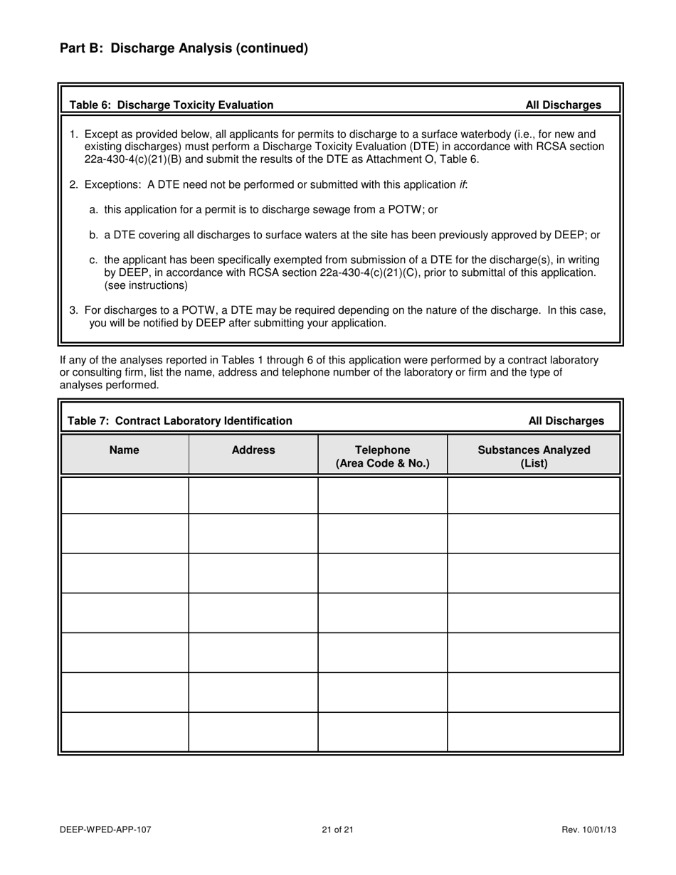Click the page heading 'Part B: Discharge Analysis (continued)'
[x=184, y=48]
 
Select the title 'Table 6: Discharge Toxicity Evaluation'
[x=171, y=105]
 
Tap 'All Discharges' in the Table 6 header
[x=563, y=105]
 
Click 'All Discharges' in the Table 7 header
[x=566, y=421]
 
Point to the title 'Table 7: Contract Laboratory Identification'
[x=179, y=421]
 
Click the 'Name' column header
[x=125, y=450]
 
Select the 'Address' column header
[x=253, y=450]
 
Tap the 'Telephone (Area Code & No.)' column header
[x=382, y=457]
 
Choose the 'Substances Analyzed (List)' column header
[x=534, y=457]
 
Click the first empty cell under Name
[x=125, y=495]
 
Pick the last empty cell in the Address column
[x=253, y=732]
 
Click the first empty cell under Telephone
[x=382, y=495]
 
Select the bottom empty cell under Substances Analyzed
[x=534, y=732]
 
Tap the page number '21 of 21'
[x=337, y=829]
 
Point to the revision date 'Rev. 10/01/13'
[x=588, y=829]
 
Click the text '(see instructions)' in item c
[x=146, y=285]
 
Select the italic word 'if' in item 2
[x=463, y=185]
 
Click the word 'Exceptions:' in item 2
[x=113, y=185]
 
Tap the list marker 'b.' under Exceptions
[x=94, y=235]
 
